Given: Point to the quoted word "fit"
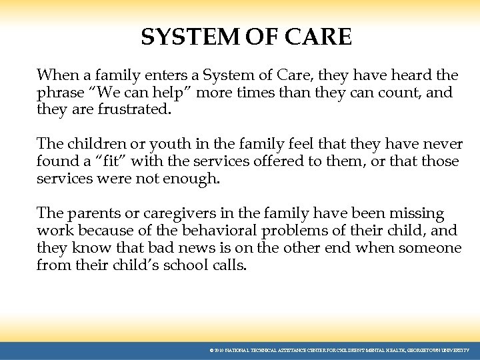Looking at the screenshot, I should coord(115,161).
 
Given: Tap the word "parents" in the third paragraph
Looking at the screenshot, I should coord(93,214).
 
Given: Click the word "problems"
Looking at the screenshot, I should coord(294,231).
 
